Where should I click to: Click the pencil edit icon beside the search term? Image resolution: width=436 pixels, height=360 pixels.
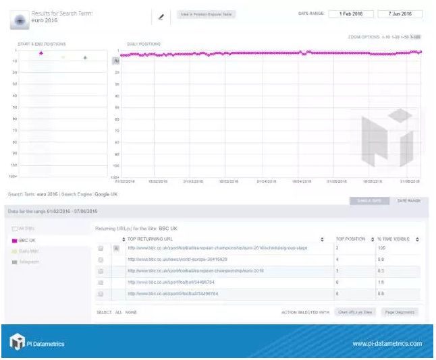pos(161,18)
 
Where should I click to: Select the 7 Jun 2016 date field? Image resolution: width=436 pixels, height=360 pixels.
pos(400,13)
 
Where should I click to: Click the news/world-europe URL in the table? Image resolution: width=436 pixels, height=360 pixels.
pos(177,260)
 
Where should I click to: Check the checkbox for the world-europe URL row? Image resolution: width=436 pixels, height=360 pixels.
pos(101,260)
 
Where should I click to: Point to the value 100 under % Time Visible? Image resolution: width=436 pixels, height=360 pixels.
pos(382,248)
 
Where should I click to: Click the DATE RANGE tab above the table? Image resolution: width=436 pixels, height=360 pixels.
pos(409,201)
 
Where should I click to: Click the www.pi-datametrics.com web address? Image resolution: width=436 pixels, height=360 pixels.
pos(387,344)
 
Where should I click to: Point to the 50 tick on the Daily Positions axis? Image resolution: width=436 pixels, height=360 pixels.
pos(117,108)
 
